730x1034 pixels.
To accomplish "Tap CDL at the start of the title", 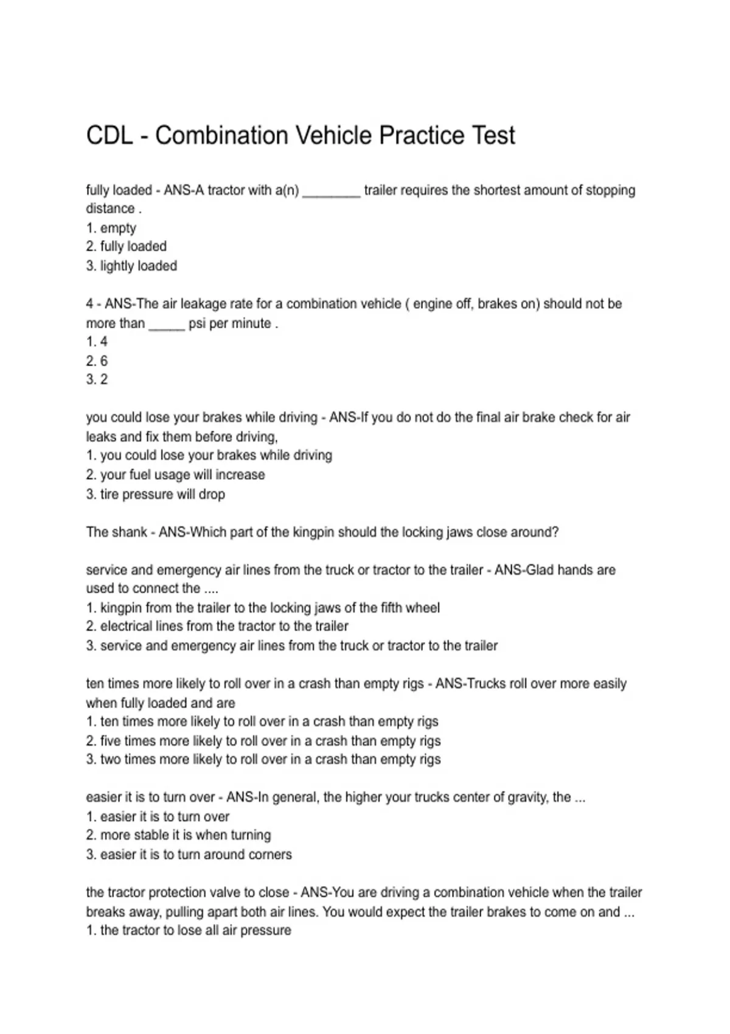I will (x=109, y=136).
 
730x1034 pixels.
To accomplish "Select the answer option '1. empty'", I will (x=111, y=228).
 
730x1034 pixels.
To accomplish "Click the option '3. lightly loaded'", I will (x=131, y=266).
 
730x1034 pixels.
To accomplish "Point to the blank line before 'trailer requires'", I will (x=332, y=193).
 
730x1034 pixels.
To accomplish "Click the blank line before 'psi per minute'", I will (x=167, y=327).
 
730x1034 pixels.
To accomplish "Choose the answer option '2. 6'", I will (x=97, y=361).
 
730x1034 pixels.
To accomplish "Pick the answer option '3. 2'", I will (x=97, y=380).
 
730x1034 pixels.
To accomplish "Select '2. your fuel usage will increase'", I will (x=175, y=474).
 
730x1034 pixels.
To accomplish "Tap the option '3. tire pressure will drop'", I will (x=155, y=494).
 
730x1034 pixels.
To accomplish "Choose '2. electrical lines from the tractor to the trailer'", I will (x=217, y=626).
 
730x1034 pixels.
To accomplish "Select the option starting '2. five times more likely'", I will (x=263, y=741).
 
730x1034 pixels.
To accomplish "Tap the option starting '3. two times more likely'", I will (x=263, y=759).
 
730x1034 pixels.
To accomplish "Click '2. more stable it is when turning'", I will (x=178, y=835).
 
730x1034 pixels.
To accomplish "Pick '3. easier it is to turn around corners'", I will (x=189, y=855).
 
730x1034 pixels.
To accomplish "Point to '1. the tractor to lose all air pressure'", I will (x=189, y=930).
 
